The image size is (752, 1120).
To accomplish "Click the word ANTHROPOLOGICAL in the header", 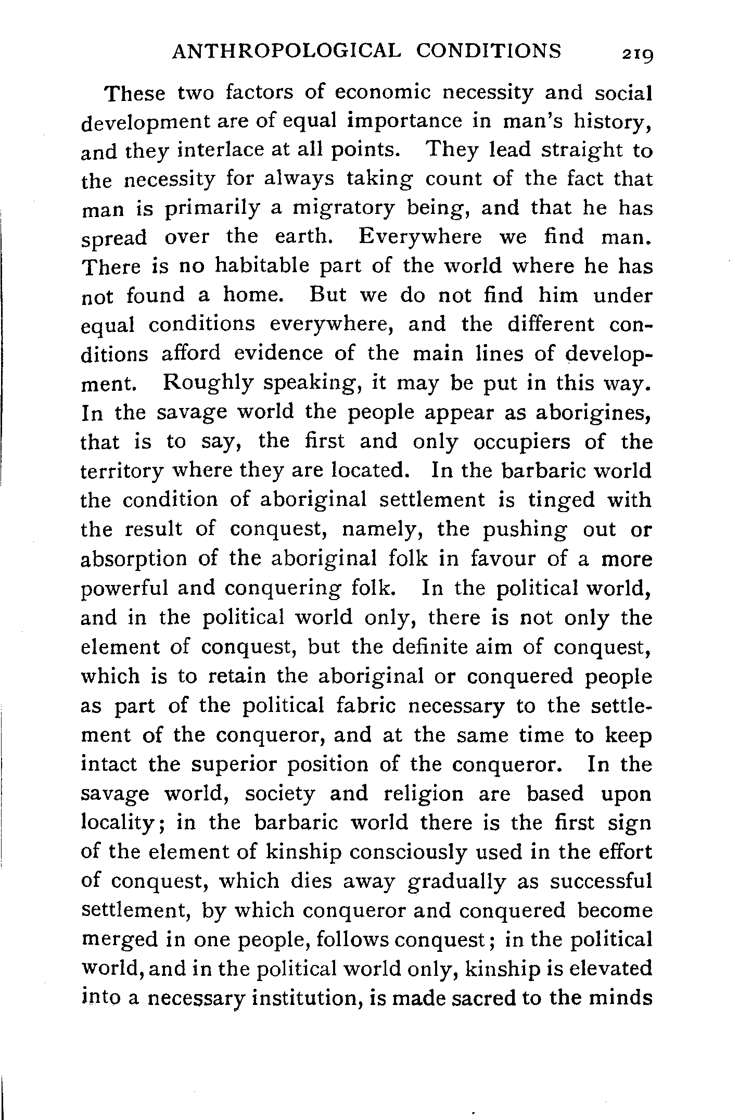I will [x=287, y=51].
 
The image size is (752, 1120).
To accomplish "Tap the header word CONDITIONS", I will [x=490, y=51].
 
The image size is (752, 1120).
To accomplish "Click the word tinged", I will [x=561, y=500].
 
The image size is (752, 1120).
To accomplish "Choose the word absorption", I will [x=134, y=559].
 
